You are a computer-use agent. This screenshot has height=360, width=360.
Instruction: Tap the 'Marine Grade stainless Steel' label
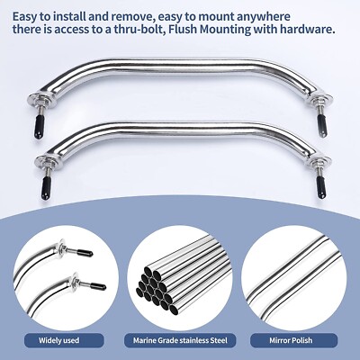click(180, 339)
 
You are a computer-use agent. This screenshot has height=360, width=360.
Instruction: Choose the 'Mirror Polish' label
click(297, 339)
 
